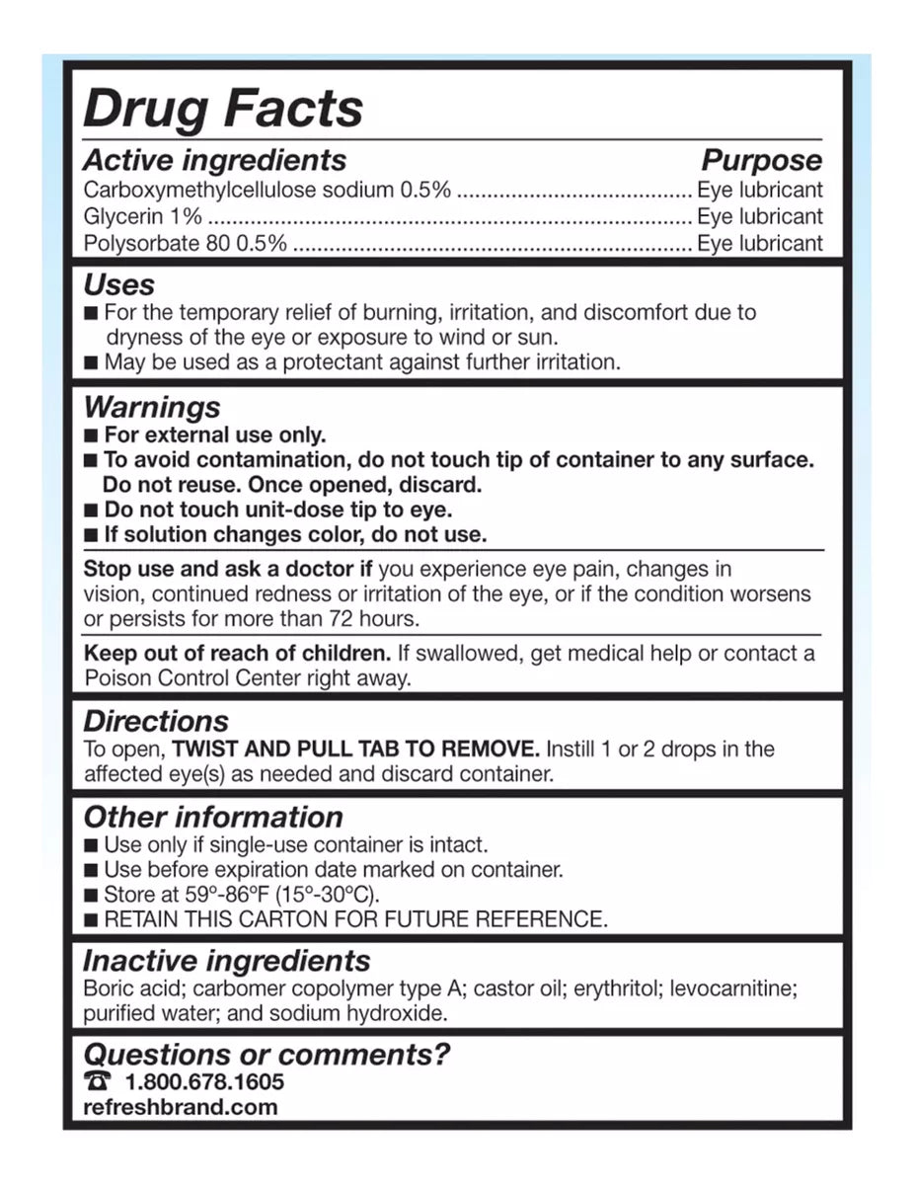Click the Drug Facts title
point(223,108)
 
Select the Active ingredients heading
point(214,160)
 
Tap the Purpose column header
point(761,160)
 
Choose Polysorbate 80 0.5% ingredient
point(186,243)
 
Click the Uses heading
point(119,285)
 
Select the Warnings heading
point(152,407)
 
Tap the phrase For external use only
point(214,434)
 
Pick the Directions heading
point(155,721)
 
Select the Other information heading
point(213,817)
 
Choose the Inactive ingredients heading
point(226,961)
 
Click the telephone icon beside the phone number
point(97,1081)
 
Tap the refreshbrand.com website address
point(181,1106)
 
